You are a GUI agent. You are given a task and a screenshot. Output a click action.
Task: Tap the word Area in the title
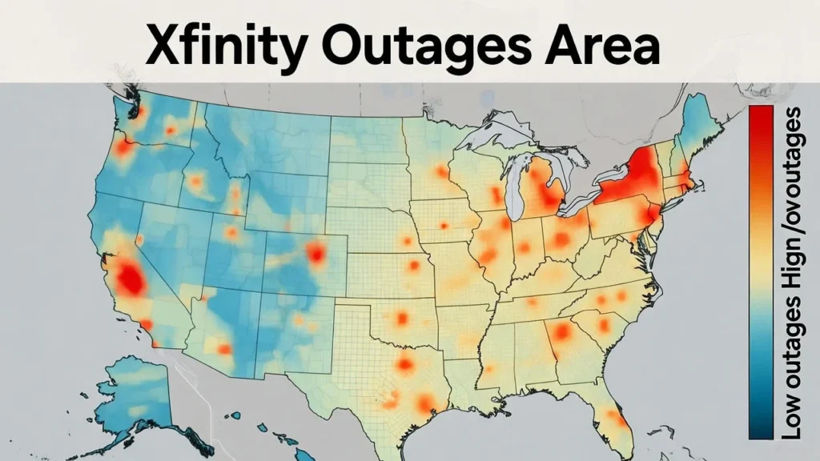click(609, 45)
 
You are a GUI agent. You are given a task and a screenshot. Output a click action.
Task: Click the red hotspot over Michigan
click(550, 192)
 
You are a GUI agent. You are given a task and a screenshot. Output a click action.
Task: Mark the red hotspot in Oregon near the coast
click(123, 148)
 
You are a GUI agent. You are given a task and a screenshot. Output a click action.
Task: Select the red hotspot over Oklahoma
click(401, 318)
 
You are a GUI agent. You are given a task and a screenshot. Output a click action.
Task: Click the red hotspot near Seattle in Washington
click(137, 112)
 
